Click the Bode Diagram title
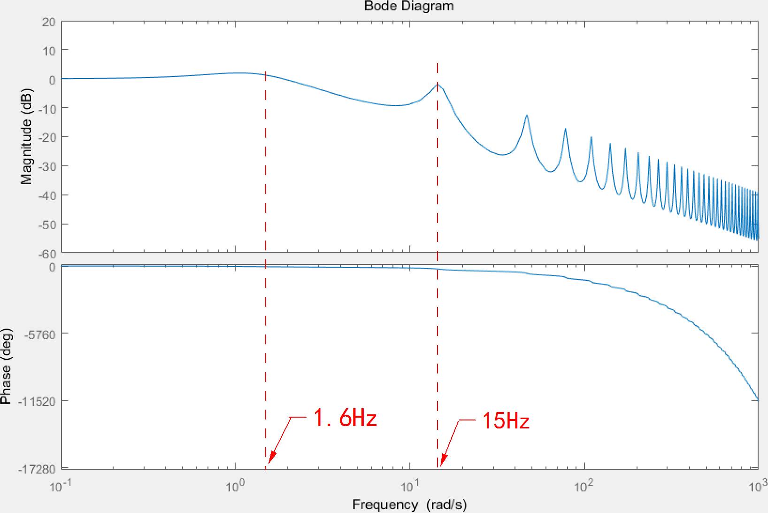point(409,6)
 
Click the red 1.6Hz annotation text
point(345,417)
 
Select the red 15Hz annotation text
point(506,420)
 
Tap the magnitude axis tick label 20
point(49,22)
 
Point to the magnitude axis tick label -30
point(47,166)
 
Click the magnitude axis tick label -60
point(47,254)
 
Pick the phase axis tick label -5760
point(40,335)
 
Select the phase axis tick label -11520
point(37,402)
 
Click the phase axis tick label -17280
point(37,469)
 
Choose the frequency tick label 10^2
point(584,486)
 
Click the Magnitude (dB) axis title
point(27,136)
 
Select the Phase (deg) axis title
point(6,366)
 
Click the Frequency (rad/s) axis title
point(409,505)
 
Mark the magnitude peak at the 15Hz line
point(438,85)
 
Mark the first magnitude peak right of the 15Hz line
point(527,115)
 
